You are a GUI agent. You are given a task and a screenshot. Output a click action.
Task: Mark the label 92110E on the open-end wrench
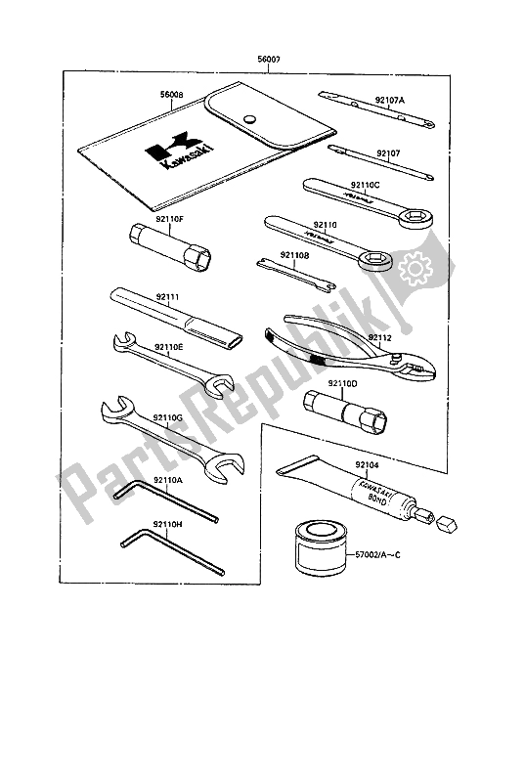coord(169,346)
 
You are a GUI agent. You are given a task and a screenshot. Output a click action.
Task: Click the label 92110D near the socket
coord(345,383)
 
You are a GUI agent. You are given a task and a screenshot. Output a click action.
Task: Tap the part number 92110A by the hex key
coord(168,482)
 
